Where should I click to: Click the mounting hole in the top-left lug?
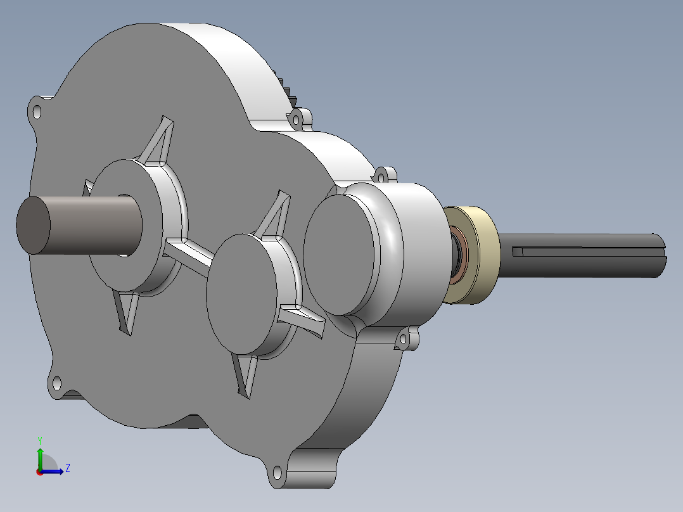click(37, 112)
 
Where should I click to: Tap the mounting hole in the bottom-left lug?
click(56, 384)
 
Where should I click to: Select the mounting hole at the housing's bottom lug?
click(277, 472)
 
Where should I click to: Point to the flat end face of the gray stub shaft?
click(33, 226)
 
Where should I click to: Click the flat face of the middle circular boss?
click(242, 294)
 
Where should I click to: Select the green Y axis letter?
click(40, 441)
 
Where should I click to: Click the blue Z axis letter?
click(68, 468)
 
